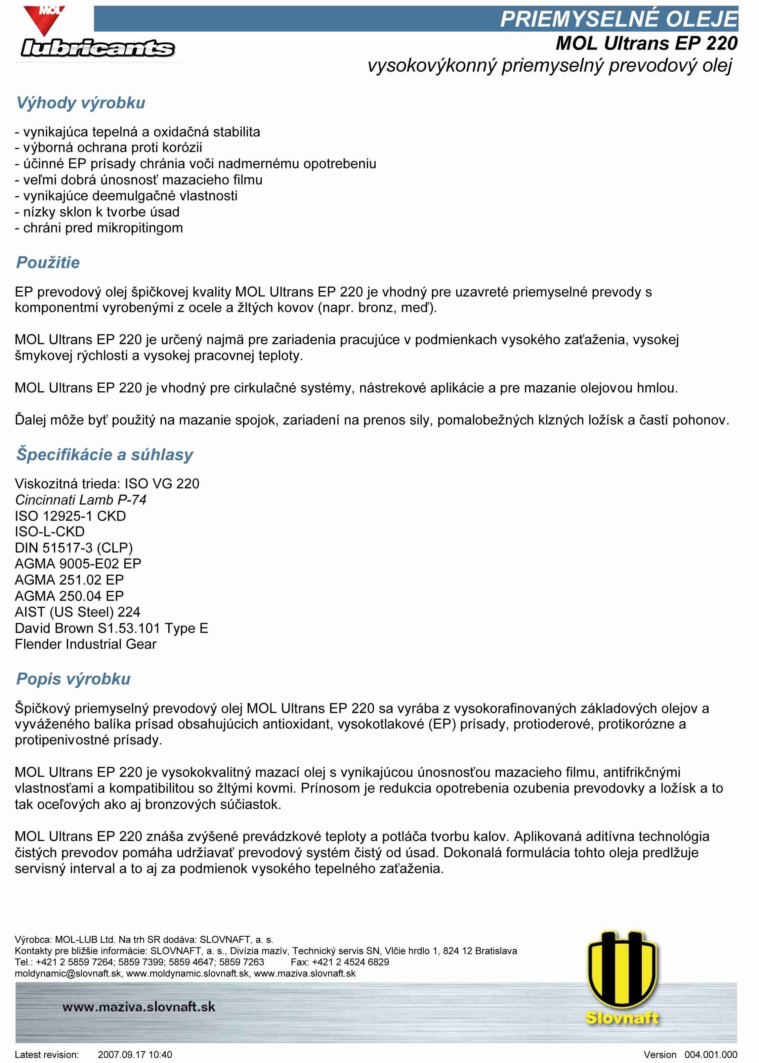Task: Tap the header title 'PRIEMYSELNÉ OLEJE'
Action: [x=619, y=19]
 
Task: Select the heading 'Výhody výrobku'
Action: [x=81, y=103]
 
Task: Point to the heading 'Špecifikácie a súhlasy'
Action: [x=105, y=455]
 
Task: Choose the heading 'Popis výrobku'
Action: [x=73, y=679]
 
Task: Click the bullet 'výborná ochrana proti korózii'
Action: [x=112, y=148]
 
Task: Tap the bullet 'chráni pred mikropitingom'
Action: [x=103, y=228]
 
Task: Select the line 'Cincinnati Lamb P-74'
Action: [x=81, y=500]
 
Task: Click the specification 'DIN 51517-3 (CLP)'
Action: [x=74, y=548]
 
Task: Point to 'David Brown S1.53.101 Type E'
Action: [x=111, y=628]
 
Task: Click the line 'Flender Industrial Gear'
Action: [x=86, y=644]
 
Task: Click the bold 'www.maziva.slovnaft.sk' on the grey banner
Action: [x=139, y=1007]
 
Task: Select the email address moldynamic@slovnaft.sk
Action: [x=68, y=973]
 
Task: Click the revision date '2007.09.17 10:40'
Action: [x=135, y=1055]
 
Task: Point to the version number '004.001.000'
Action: [x=710, y=1055]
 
